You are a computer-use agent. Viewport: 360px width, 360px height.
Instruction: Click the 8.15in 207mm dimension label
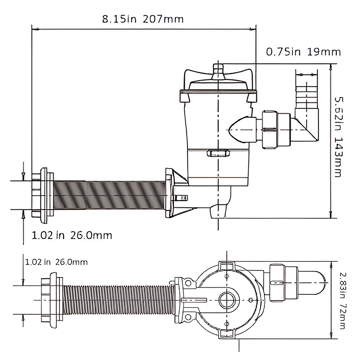tap(142, 19)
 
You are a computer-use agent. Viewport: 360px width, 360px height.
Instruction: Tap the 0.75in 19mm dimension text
tap(303, 52)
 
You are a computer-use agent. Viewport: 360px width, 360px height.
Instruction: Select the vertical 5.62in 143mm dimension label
tap(338, 137)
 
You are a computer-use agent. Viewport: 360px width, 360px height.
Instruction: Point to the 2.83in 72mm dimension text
tap(342, 300)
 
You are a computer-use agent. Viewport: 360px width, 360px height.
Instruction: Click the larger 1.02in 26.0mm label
tap(72, 235)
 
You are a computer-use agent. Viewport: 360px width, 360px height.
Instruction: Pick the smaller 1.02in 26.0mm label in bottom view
tap(56, 262)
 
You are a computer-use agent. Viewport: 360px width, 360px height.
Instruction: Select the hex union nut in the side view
tap(270, 130)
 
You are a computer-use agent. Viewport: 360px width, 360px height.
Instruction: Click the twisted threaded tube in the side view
tap(109, 195)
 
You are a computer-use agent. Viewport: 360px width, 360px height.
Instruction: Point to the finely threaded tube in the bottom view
tap(119, 300)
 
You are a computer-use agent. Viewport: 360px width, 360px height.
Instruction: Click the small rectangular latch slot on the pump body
tap(218, 153)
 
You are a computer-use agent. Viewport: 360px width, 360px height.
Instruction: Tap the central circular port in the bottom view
tap(227, 300)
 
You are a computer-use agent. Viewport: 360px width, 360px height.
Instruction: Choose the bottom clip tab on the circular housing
tap(227, 334)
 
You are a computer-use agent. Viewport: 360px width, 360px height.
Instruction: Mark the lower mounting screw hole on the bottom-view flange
tap(188, 317)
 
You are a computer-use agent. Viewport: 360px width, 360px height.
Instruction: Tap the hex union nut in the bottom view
tap(277, 283)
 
